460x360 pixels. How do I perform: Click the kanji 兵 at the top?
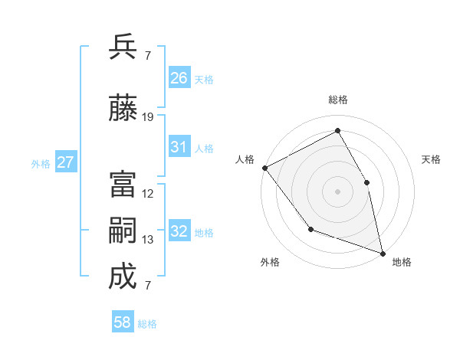[x=123, y=47]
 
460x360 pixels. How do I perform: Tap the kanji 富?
[x=123, y=185]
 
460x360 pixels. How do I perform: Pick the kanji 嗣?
[x=123, y=231]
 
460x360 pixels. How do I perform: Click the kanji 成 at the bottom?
[x=123, y=277]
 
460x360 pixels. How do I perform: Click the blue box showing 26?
[x=179, y=77]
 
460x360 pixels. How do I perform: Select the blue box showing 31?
[x=179, y=147]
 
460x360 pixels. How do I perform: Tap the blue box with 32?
[x=179, y=231]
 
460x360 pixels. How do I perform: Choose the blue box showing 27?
[x=66, y=162]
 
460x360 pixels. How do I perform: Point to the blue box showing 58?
[x=123, y=322]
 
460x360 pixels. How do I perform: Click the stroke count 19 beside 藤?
[x=148, y=117]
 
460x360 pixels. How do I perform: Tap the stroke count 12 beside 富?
[x=148, y=194]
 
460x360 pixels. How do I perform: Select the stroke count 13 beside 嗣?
[x=148, y=240]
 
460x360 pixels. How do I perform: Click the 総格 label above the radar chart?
[x=338, y=100]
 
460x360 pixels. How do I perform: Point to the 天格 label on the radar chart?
[x=431, y=159]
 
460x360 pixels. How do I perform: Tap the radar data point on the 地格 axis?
[x=383, y=253]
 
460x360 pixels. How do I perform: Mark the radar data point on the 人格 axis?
[x=264, y=168]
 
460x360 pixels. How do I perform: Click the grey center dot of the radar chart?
[x=338, y=191]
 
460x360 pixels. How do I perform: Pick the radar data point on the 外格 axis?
[x=310, y=229]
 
